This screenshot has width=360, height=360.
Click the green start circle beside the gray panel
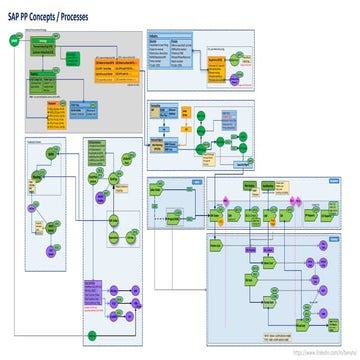click(x=13, y=40)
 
